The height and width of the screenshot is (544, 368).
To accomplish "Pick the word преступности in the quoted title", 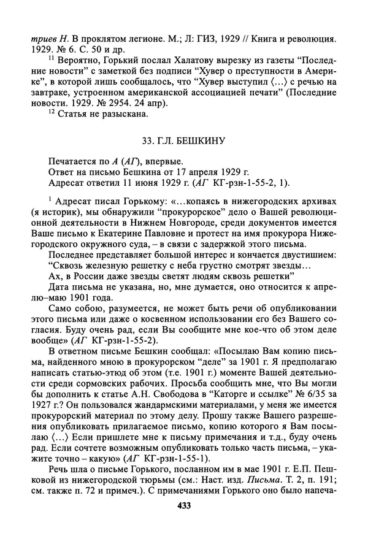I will pos(250,75).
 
